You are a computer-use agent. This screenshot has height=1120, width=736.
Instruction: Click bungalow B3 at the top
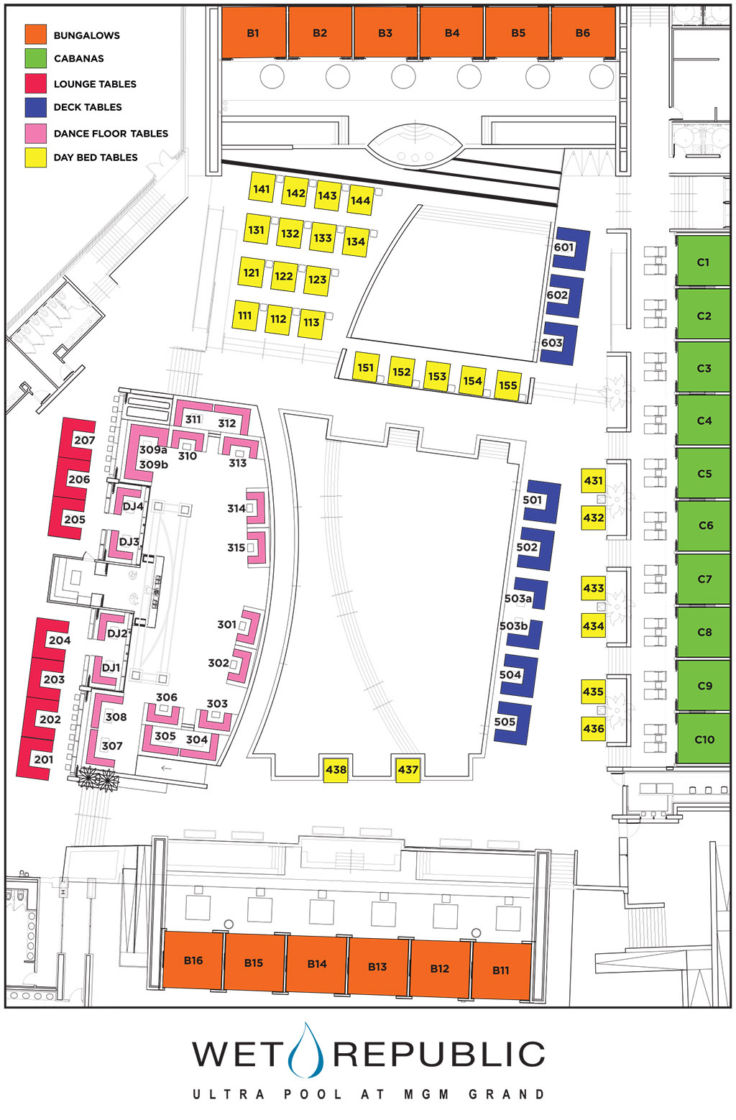(x=385, y=33)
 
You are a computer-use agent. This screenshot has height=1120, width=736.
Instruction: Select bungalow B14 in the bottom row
(x=317, y=964)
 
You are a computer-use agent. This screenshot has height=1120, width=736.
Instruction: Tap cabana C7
(x=704, y=579)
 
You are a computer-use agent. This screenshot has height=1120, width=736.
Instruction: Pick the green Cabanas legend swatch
(x=36, y=58)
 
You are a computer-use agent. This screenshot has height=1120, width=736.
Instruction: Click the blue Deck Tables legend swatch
(x=36, y=107)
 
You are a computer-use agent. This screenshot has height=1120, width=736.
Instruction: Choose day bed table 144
(x=360, y=201)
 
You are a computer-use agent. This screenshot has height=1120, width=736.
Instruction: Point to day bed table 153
(x=437, y=376)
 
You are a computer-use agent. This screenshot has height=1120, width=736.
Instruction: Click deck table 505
(x=512, y=722)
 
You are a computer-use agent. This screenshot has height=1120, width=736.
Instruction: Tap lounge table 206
(x=75, y=479)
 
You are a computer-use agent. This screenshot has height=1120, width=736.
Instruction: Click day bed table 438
(x=336, y=770)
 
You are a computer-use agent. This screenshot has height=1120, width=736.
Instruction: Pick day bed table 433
(x=594, y=588)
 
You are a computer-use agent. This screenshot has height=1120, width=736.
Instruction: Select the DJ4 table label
(x=133, y=506)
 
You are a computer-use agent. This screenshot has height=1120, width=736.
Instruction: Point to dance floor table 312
(x=228, y=423)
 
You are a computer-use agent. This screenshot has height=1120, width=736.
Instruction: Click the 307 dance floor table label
(x=112, y=746)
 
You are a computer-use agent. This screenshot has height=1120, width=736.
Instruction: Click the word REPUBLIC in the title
(x=439, y=1055)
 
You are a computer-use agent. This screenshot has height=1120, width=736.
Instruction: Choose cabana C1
(x=703, y=262)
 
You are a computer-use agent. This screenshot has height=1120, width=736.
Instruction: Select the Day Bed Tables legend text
(x=96, y=157)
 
